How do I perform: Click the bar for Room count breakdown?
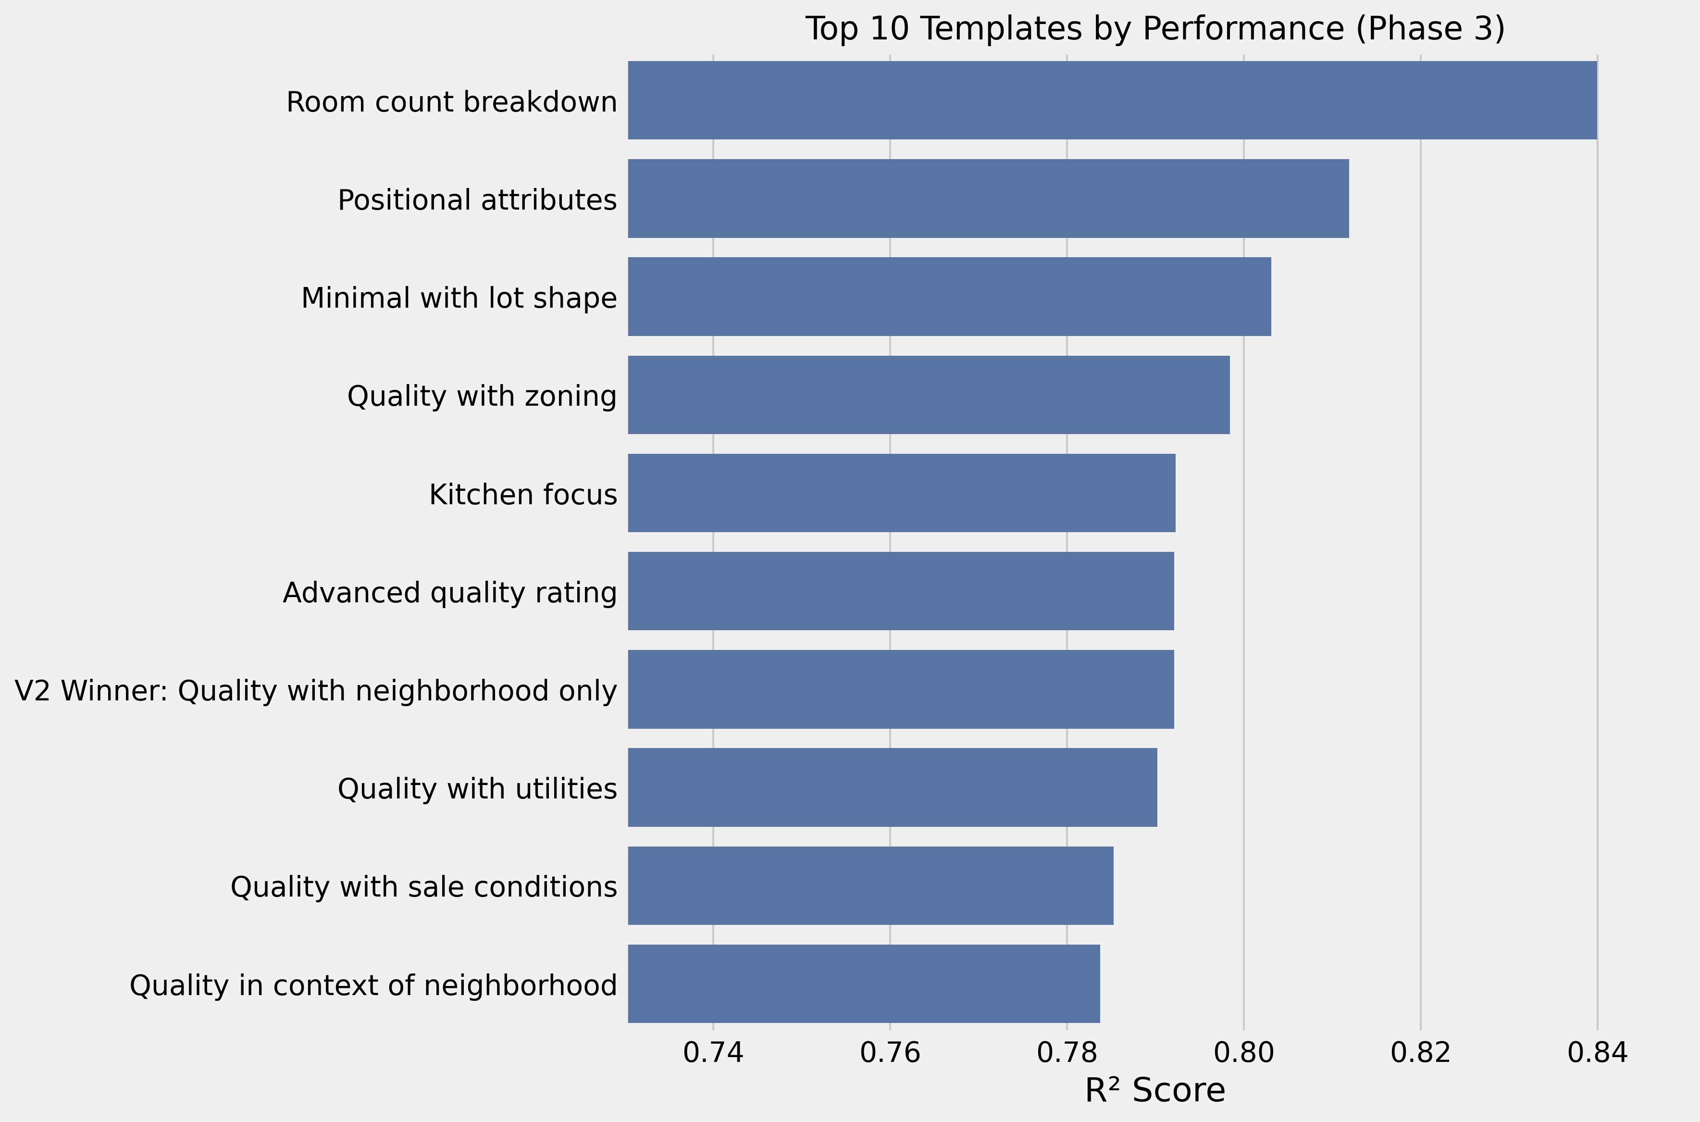[1112, 100]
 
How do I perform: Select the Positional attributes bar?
[988, 198]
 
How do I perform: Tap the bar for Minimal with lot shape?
[949, 296]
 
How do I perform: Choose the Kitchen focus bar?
[902, 493]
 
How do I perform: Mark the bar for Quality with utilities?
[892, 787]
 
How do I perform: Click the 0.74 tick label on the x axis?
[713, 1053]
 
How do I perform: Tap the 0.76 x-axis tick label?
[890, 1053]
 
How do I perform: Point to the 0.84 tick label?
[1597, 1053]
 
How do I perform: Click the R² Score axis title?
[1155, 1091]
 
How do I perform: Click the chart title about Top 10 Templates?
[1155, 29]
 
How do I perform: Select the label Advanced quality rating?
[449, 592]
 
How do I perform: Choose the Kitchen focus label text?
[523, 495]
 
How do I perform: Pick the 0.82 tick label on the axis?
[1420, 1053]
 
